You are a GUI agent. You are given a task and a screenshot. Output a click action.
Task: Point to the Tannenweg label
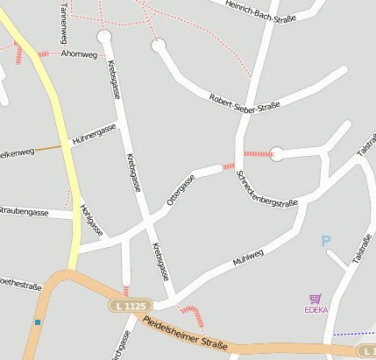click(63, 19)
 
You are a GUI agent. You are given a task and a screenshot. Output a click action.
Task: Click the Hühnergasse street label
click(94, 135)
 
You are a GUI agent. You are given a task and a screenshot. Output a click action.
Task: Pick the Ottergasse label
click(181, 190)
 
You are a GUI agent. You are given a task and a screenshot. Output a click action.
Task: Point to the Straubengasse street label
click(23, 211)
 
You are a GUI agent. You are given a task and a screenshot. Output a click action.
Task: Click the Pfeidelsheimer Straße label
click(185, 335)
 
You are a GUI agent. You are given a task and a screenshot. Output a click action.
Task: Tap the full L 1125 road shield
click(128, 305)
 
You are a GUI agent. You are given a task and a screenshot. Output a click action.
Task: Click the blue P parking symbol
click(327, 241)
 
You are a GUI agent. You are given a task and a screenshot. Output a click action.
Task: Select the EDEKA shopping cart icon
click(316, 298)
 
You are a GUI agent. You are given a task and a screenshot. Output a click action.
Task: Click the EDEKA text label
click(316, 309)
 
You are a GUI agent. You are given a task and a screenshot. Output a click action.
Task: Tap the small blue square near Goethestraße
click(38, 321)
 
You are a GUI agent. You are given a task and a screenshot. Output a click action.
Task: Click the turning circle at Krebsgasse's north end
click(105, 38)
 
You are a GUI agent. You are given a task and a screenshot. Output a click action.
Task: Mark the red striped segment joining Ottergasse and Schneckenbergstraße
click(228, 166)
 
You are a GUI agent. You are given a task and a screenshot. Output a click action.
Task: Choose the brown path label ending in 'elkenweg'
click(17, 152)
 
